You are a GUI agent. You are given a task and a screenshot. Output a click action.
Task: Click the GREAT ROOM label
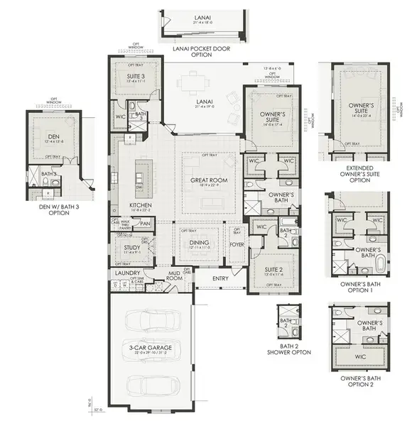pos(208,180)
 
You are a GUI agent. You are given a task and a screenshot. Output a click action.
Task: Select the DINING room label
pos(199,242)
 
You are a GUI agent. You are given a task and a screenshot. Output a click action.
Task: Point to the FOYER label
pos(237,247)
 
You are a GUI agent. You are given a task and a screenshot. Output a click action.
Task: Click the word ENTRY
pos(220,278)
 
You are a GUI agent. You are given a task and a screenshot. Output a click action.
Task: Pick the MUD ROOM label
pos(175,276)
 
